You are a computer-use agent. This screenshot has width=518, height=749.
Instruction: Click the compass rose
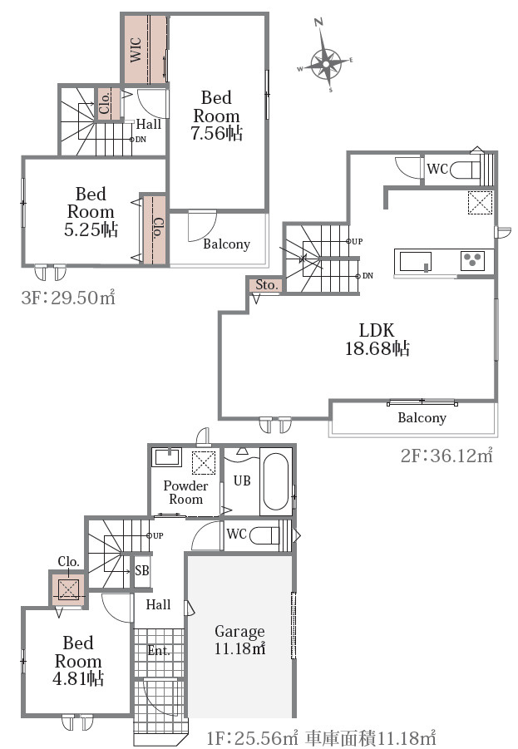(x=325, y=62)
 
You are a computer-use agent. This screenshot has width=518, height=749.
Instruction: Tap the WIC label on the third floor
(x=136, y=49)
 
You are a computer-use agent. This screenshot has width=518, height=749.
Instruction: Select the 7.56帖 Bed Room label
(x=216, y=116)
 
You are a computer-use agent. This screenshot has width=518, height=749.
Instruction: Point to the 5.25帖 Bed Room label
(x=91, y=212)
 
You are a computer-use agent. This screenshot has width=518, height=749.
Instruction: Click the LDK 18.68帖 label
(x=377, y=339)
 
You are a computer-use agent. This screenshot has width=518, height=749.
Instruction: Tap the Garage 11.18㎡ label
(x=239, y=639)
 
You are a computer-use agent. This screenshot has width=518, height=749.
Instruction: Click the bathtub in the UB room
(x=276, y=481)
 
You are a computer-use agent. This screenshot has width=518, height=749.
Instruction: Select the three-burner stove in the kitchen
(x=472, y=260)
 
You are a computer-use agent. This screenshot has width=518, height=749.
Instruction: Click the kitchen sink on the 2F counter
(x=415, y=262)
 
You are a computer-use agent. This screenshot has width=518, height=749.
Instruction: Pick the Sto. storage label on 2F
(x=266, y=285)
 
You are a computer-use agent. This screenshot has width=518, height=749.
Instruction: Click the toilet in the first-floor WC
(x=264, y=534)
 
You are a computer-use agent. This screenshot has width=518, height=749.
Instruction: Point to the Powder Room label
(x=185, y=492)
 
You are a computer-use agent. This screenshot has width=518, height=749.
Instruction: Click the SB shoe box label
(x=142, y=570)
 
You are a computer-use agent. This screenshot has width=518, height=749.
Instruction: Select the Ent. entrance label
(x=159, y=651)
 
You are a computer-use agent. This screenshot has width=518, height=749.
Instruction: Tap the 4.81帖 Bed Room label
(x=78, y=661)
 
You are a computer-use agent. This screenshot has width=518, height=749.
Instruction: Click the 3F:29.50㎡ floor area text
(x=68, y=298)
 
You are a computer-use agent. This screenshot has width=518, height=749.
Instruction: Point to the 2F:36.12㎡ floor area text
(x=446, y=456)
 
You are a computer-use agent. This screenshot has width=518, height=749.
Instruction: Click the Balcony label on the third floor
(x=226, y=244)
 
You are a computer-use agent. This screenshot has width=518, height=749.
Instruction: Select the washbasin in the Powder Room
(x=166, y=457)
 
